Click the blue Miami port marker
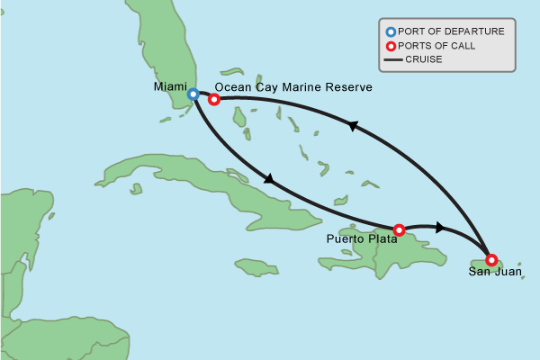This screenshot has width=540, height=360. [193, 94]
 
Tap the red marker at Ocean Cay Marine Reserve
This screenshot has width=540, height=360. [214, 99]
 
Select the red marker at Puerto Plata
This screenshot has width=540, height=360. [399, 229]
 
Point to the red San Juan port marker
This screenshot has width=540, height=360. [490, 259]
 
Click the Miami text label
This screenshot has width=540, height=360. [170, 87]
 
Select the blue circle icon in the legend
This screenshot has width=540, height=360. [391, 31]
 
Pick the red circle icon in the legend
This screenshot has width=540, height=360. [391, 46]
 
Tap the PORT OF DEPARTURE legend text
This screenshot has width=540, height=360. [451, 31]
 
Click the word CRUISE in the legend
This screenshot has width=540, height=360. [424, 60]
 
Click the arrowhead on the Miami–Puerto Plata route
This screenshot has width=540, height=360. [268, 180]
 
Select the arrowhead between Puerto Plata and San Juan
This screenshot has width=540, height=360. [439, 227]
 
